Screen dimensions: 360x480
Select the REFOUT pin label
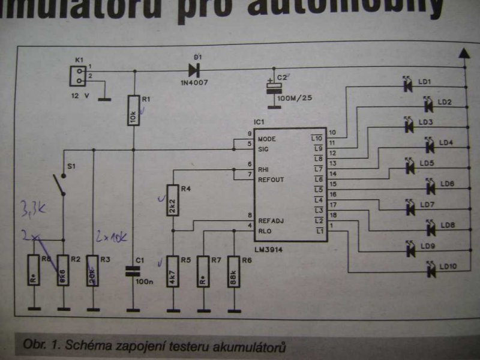click(x=271, y=179)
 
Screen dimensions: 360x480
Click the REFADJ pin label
click(x=271, y=220)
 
